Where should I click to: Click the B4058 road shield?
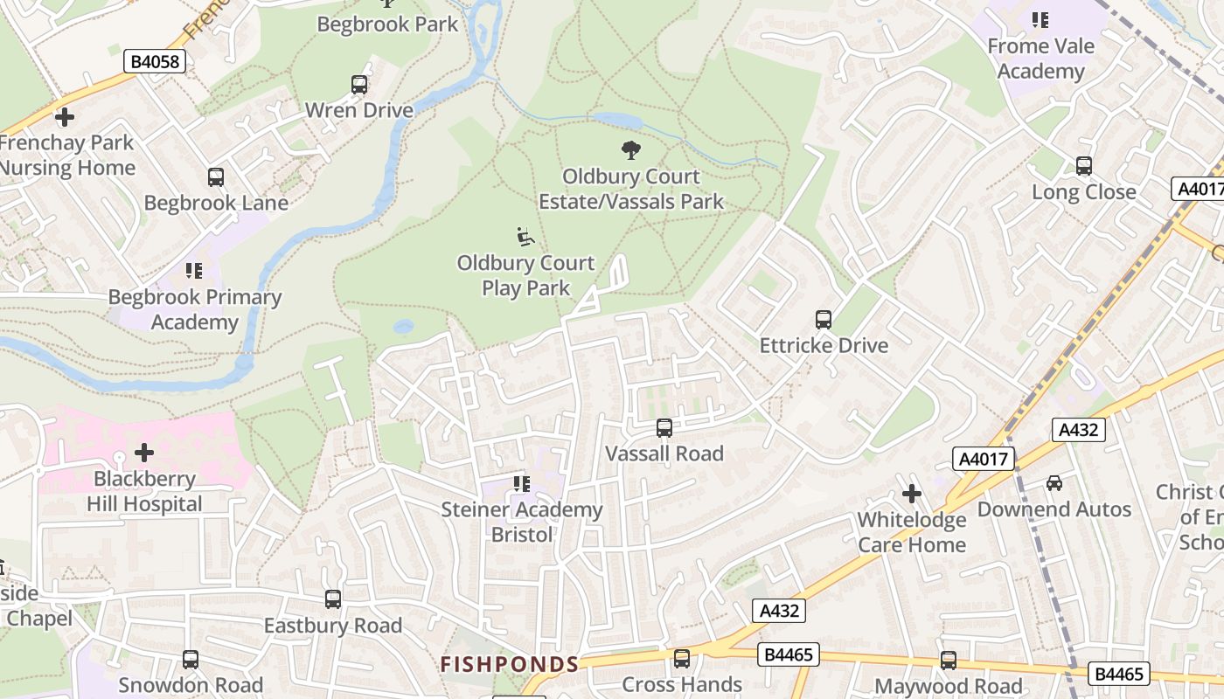pyautogui.click(x=156, y=61)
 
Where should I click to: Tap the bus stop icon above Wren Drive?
pyautogui.click(x=359, y=85)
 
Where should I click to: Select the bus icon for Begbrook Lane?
pyautogui.click(x=216, y=177)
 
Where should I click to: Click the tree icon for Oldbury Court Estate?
pyautogui.click(x=630, y=150)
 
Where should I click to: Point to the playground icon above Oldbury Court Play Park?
pyautogui.click(x=525, y=237)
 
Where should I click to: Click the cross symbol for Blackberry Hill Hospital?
pyautogui.click(x=144, y=453)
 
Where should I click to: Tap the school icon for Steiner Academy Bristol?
pyautogui.click(x=522, y=483)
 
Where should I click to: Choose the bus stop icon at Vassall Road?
pyautogui.click(x=664, y=427)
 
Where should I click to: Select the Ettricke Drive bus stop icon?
pyautogui.click(x=823, y=320)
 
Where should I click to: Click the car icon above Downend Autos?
pyautogui.click(x=1054, y=483)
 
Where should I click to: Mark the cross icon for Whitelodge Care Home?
pyautogui.click(x=912, y=494)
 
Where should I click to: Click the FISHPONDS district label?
pyautogui.click(x=509, y=664)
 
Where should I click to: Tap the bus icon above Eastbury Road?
pyautogui.click(x=333, y=599)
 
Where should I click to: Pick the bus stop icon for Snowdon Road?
pyautogui.click(x=191, y=660)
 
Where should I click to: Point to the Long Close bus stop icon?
pyautogui.click(x=1084, y=166)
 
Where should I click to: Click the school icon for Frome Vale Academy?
pyautogui.click(x=1040, y=19)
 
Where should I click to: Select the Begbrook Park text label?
pyautogui.click(x=387, y=24)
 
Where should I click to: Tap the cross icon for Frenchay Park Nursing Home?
pyautogui.click(x=64, y=116)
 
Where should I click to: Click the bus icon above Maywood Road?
pyautogui.click(x=949, y=661)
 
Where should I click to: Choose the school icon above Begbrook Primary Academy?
pyautogui.click(x=194, y=271)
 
